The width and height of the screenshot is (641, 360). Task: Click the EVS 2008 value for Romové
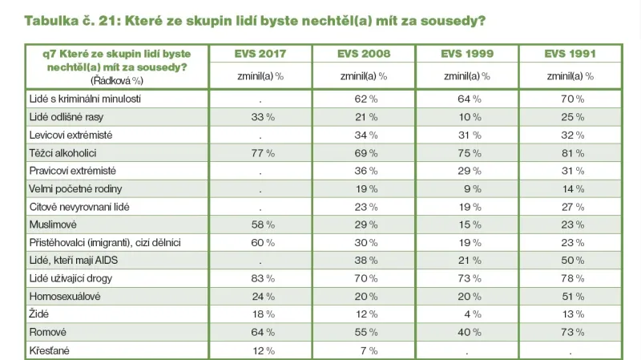[364, 331]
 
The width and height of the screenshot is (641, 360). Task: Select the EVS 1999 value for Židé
[467, 313]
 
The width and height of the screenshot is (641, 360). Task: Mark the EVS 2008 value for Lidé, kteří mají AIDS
[364, 260]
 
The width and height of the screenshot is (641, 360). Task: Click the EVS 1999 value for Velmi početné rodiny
[467, 188]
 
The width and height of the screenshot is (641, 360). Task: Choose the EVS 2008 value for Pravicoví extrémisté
[364, 170]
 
